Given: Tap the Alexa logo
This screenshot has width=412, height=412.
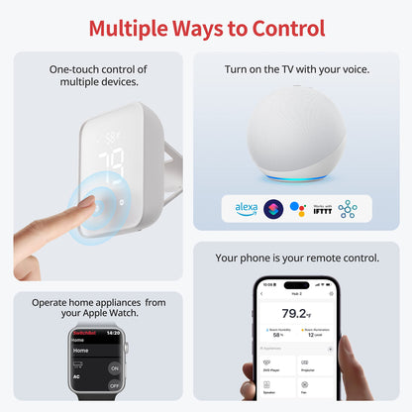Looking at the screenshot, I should click(246, 209).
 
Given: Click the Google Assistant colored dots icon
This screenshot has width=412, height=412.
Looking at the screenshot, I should click(296, 209).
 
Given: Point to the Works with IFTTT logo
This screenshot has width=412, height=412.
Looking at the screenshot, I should click(322, 209).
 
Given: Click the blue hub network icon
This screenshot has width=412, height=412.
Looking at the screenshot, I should click(348, 209).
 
